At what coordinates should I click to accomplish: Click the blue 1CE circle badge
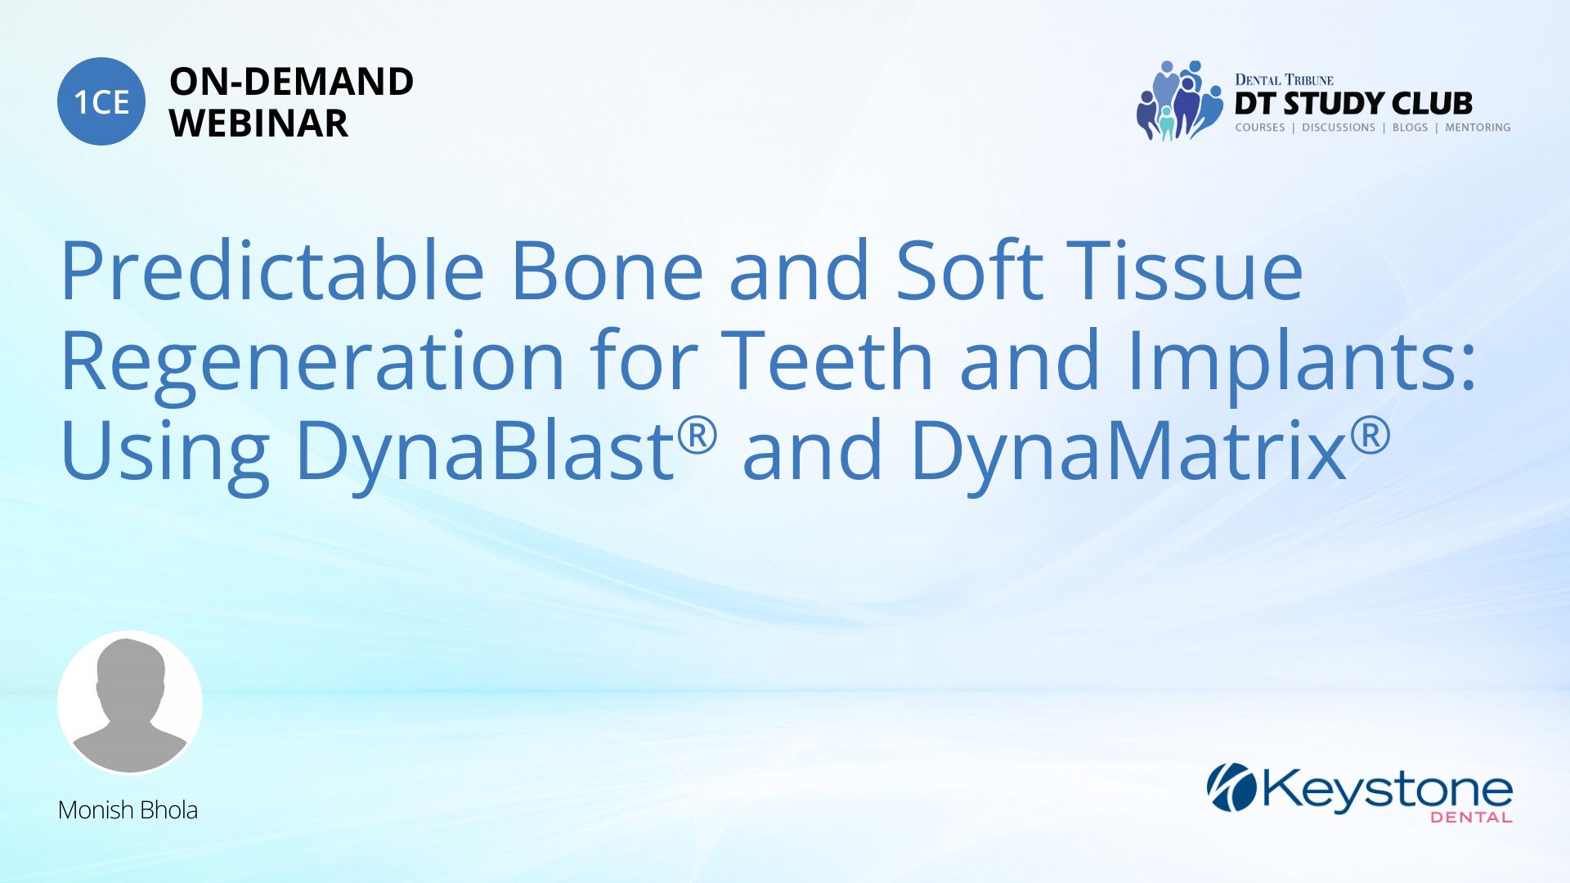pos(101,101)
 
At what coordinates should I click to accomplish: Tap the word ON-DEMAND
pos(291,82)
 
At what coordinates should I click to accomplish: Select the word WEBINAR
pos(258,123)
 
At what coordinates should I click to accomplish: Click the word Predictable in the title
pos(273,271)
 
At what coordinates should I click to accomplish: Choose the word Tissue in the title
pos(1189,271)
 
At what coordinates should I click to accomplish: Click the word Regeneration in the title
pos(312,362)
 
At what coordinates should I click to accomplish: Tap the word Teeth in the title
pos(827,360)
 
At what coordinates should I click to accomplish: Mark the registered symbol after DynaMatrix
pos(1370,435)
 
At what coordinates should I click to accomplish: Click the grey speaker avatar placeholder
pos(130,702)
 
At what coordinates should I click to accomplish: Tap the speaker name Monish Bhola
pos(128,810)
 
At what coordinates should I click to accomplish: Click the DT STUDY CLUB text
pos(1353,104)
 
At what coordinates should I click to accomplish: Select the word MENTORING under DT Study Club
pos(1478,128)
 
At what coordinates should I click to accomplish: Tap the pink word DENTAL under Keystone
pos(1472,817)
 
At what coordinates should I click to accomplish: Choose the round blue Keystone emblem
pos(1231,787)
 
